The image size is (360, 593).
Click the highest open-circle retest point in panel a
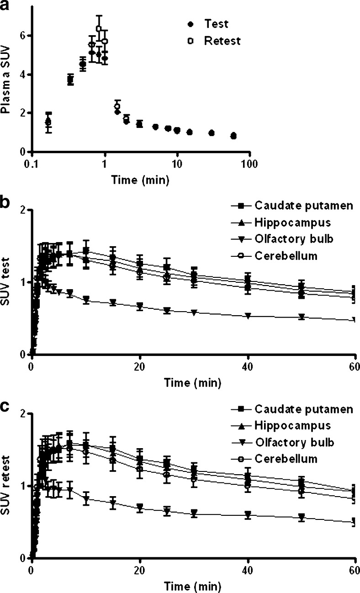click(x=99, y=29)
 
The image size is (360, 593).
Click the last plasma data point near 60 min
click(x=233, y=136)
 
